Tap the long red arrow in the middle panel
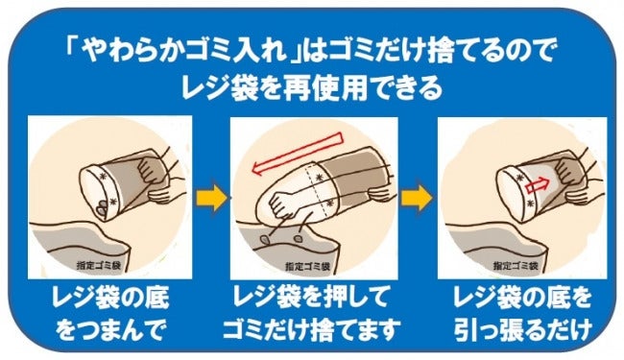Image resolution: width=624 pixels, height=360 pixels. pos(297,154)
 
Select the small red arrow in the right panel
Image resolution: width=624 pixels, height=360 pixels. pos(538,185)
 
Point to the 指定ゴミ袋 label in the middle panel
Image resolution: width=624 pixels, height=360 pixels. pos(307,266)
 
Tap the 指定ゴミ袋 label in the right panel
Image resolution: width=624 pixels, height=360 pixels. pos(516,265)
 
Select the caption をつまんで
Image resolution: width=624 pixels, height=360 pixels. pos(109,329)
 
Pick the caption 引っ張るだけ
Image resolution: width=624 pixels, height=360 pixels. pos(523,329)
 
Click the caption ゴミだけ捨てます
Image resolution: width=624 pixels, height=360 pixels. pos(311,329)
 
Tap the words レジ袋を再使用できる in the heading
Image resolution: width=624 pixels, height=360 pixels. pos(312,88)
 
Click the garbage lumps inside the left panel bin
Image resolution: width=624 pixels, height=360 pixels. pos(103,206)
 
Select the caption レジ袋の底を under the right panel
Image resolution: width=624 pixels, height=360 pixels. pos(522,299)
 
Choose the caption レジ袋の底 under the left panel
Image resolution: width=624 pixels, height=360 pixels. pos(110,299)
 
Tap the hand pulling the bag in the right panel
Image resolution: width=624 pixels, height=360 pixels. pos(569,170)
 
